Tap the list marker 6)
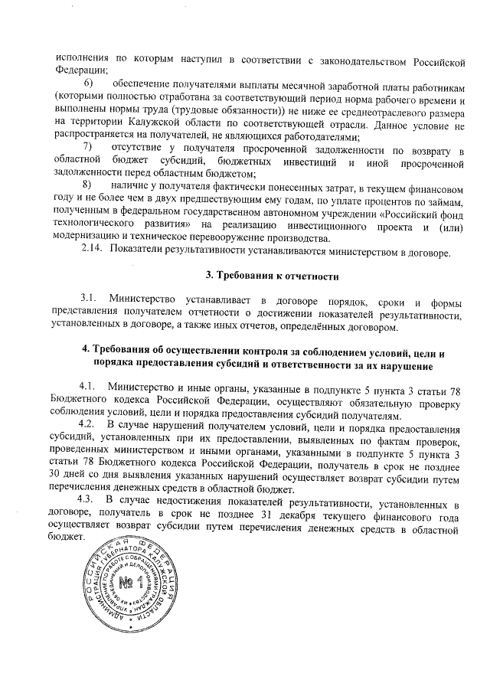(89, 83)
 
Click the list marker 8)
(88, 185)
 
